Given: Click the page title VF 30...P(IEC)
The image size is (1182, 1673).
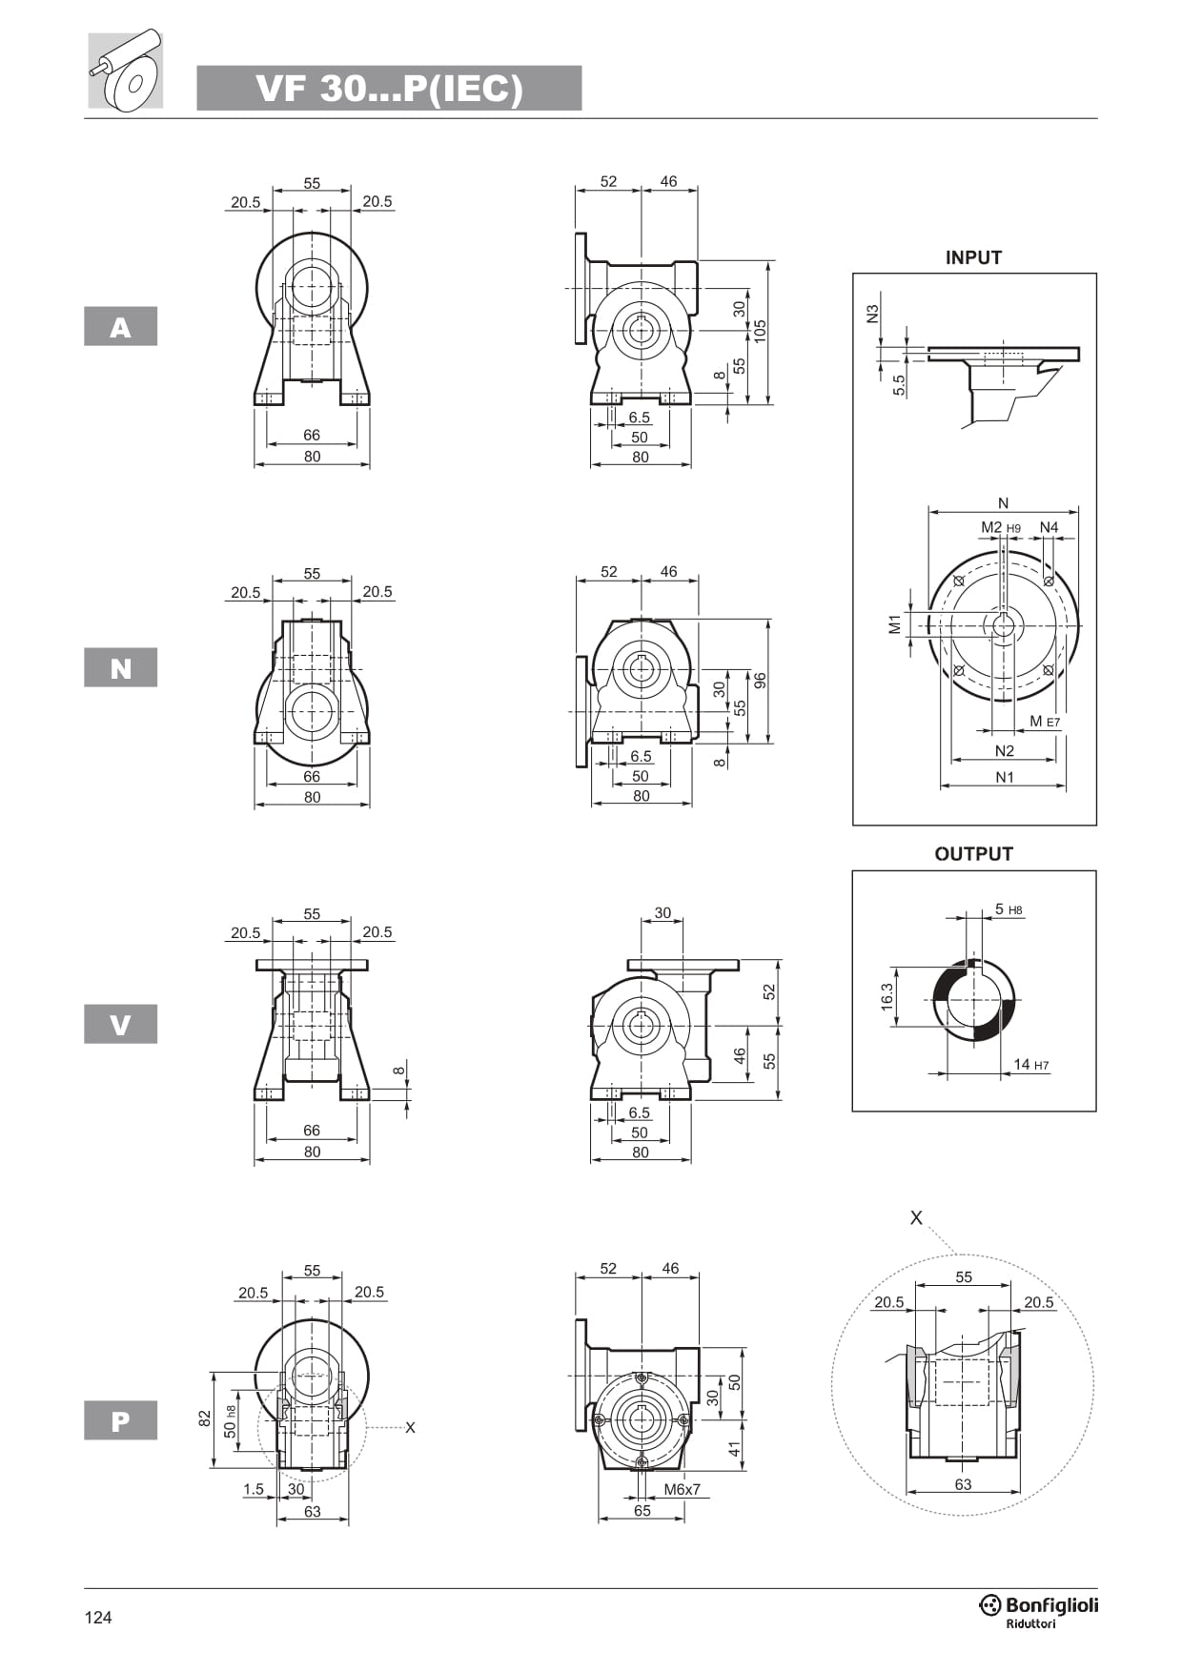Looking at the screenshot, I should click(x=389, y=89).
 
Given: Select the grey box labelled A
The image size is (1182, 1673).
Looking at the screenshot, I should click(x=120, y=326).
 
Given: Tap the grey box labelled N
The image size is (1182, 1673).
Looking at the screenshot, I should click(x=120, y=667).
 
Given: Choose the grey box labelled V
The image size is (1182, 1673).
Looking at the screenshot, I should click(x=120, y=1024).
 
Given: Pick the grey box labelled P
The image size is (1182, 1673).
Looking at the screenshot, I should click(x=120, y=1420).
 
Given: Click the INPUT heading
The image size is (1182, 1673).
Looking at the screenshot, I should click(x=973, y=257).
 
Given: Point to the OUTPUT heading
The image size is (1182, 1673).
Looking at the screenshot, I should click(x=973, y=854).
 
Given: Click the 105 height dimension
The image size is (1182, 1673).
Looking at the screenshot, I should click(x=760, y=331).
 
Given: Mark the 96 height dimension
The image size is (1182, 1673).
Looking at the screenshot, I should click(x=760, y=681).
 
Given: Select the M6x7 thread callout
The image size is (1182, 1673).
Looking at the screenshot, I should click(x=682, y=1489).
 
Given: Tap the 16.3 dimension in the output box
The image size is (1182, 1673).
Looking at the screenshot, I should click(x=887, y=996).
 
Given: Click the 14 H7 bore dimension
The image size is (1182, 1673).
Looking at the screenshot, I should click(x=1030, y=1065).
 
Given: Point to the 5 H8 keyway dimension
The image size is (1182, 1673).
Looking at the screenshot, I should click(x=1008, y=909).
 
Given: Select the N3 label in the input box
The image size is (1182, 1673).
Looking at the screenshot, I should click(x=872, y=314).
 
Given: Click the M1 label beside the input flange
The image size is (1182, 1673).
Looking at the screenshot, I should click(x=894, y=624).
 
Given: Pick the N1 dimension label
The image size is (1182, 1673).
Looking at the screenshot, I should click(x=1005, y=777).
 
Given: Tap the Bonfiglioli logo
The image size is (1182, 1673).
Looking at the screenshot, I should click(x=1039, y=1610).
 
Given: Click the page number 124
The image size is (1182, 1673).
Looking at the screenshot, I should click(x=98, y=1617).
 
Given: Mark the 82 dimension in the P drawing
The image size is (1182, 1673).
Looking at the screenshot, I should click(x=204, y=1419).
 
